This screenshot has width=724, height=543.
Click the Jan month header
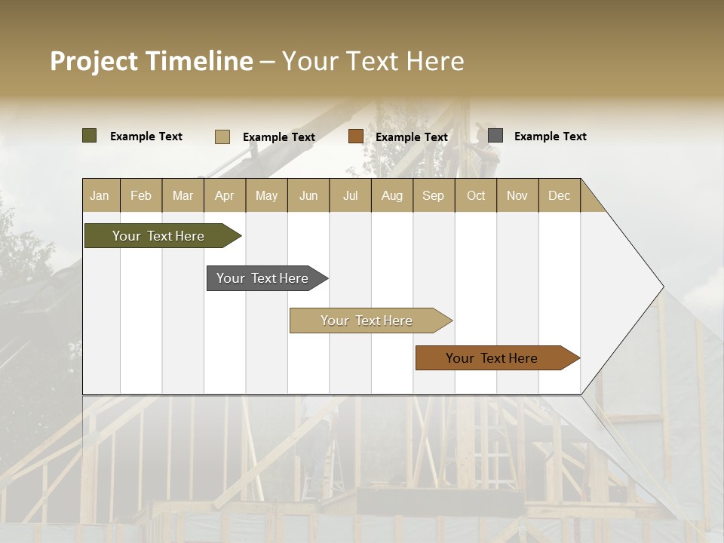click(x=100, y=195)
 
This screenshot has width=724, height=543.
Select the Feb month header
click(x=141, y=195)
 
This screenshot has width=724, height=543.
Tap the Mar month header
click(x=183, y=195)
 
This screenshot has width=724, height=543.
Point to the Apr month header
click(x=224, y=195)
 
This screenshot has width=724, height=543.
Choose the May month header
click(x=266, y=195)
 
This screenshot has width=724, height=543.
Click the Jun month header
click(x=308, y=195)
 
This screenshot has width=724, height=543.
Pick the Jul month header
click(x=350, y=195)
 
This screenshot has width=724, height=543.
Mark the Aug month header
click(x=391, y=195)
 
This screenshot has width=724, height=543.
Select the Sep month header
click(x=433, y=195)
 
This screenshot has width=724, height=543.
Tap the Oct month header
click(x=476, y=195)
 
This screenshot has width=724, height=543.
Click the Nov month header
click(x=517, y=195)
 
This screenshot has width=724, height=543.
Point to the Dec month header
click(x=559, y=195)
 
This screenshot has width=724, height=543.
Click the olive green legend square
click(x=90, y=136)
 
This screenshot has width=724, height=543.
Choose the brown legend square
click(x=356, y=137)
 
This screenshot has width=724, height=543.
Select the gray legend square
click(x=495, y=136)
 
